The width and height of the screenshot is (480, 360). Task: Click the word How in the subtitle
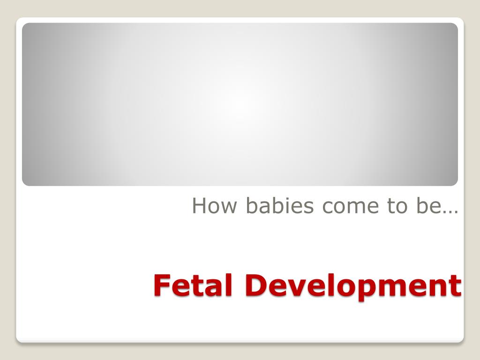(x=214, y=205)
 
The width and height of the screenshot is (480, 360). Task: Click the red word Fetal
(x=193, y=285)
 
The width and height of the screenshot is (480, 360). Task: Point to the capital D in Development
(x=256, y=285)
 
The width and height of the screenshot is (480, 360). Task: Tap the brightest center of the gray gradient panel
(x=240, y=105)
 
